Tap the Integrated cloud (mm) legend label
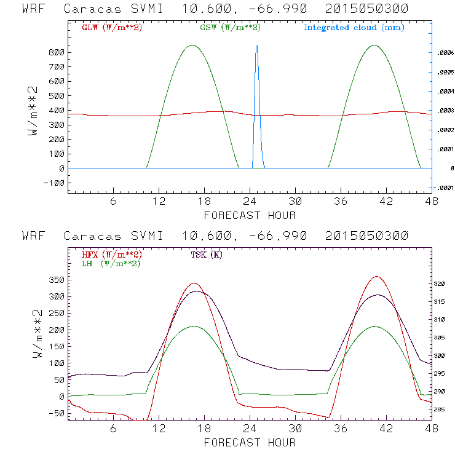tap(354, 28)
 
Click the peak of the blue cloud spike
tap(256, 45)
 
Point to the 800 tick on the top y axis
tap(57, 53)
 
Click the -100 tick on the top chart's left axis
tap(55, 183)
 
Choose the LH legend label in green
tap(111, 264)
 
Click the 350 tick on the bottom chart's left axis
tap(57, 280)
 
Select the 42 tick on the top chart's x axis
tap(386, 202)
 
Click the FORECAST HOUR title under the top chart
tap(249, 215)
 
